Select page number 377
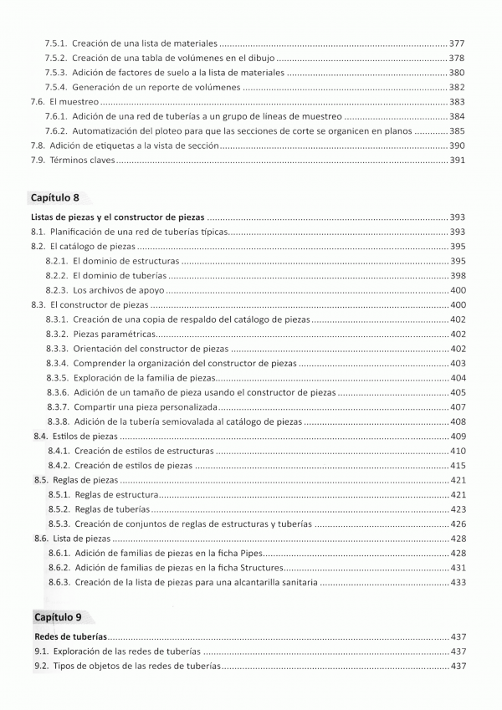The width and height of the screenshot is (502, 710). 456,42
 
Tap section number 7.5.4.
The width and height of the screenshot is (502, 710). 55,87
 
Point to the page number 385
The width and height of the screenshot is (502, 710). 456,131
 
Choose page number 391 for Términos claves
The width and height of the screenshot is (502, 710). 456,160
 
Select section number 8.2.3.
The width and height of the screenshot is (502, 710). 56,290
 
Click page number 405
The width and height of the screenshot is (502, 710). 457,392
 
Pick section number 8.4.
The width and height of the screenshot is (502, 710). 40,437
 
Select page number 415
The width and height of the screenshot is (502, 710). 457,466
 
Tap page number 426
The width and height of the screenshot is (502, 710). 457,524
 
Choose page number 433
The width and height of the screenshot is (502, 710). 457,583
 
